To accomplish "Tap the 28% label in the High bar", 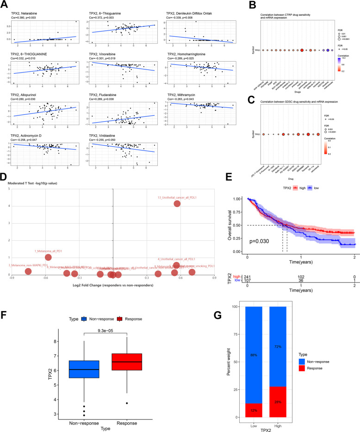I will tap(279, 401).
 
